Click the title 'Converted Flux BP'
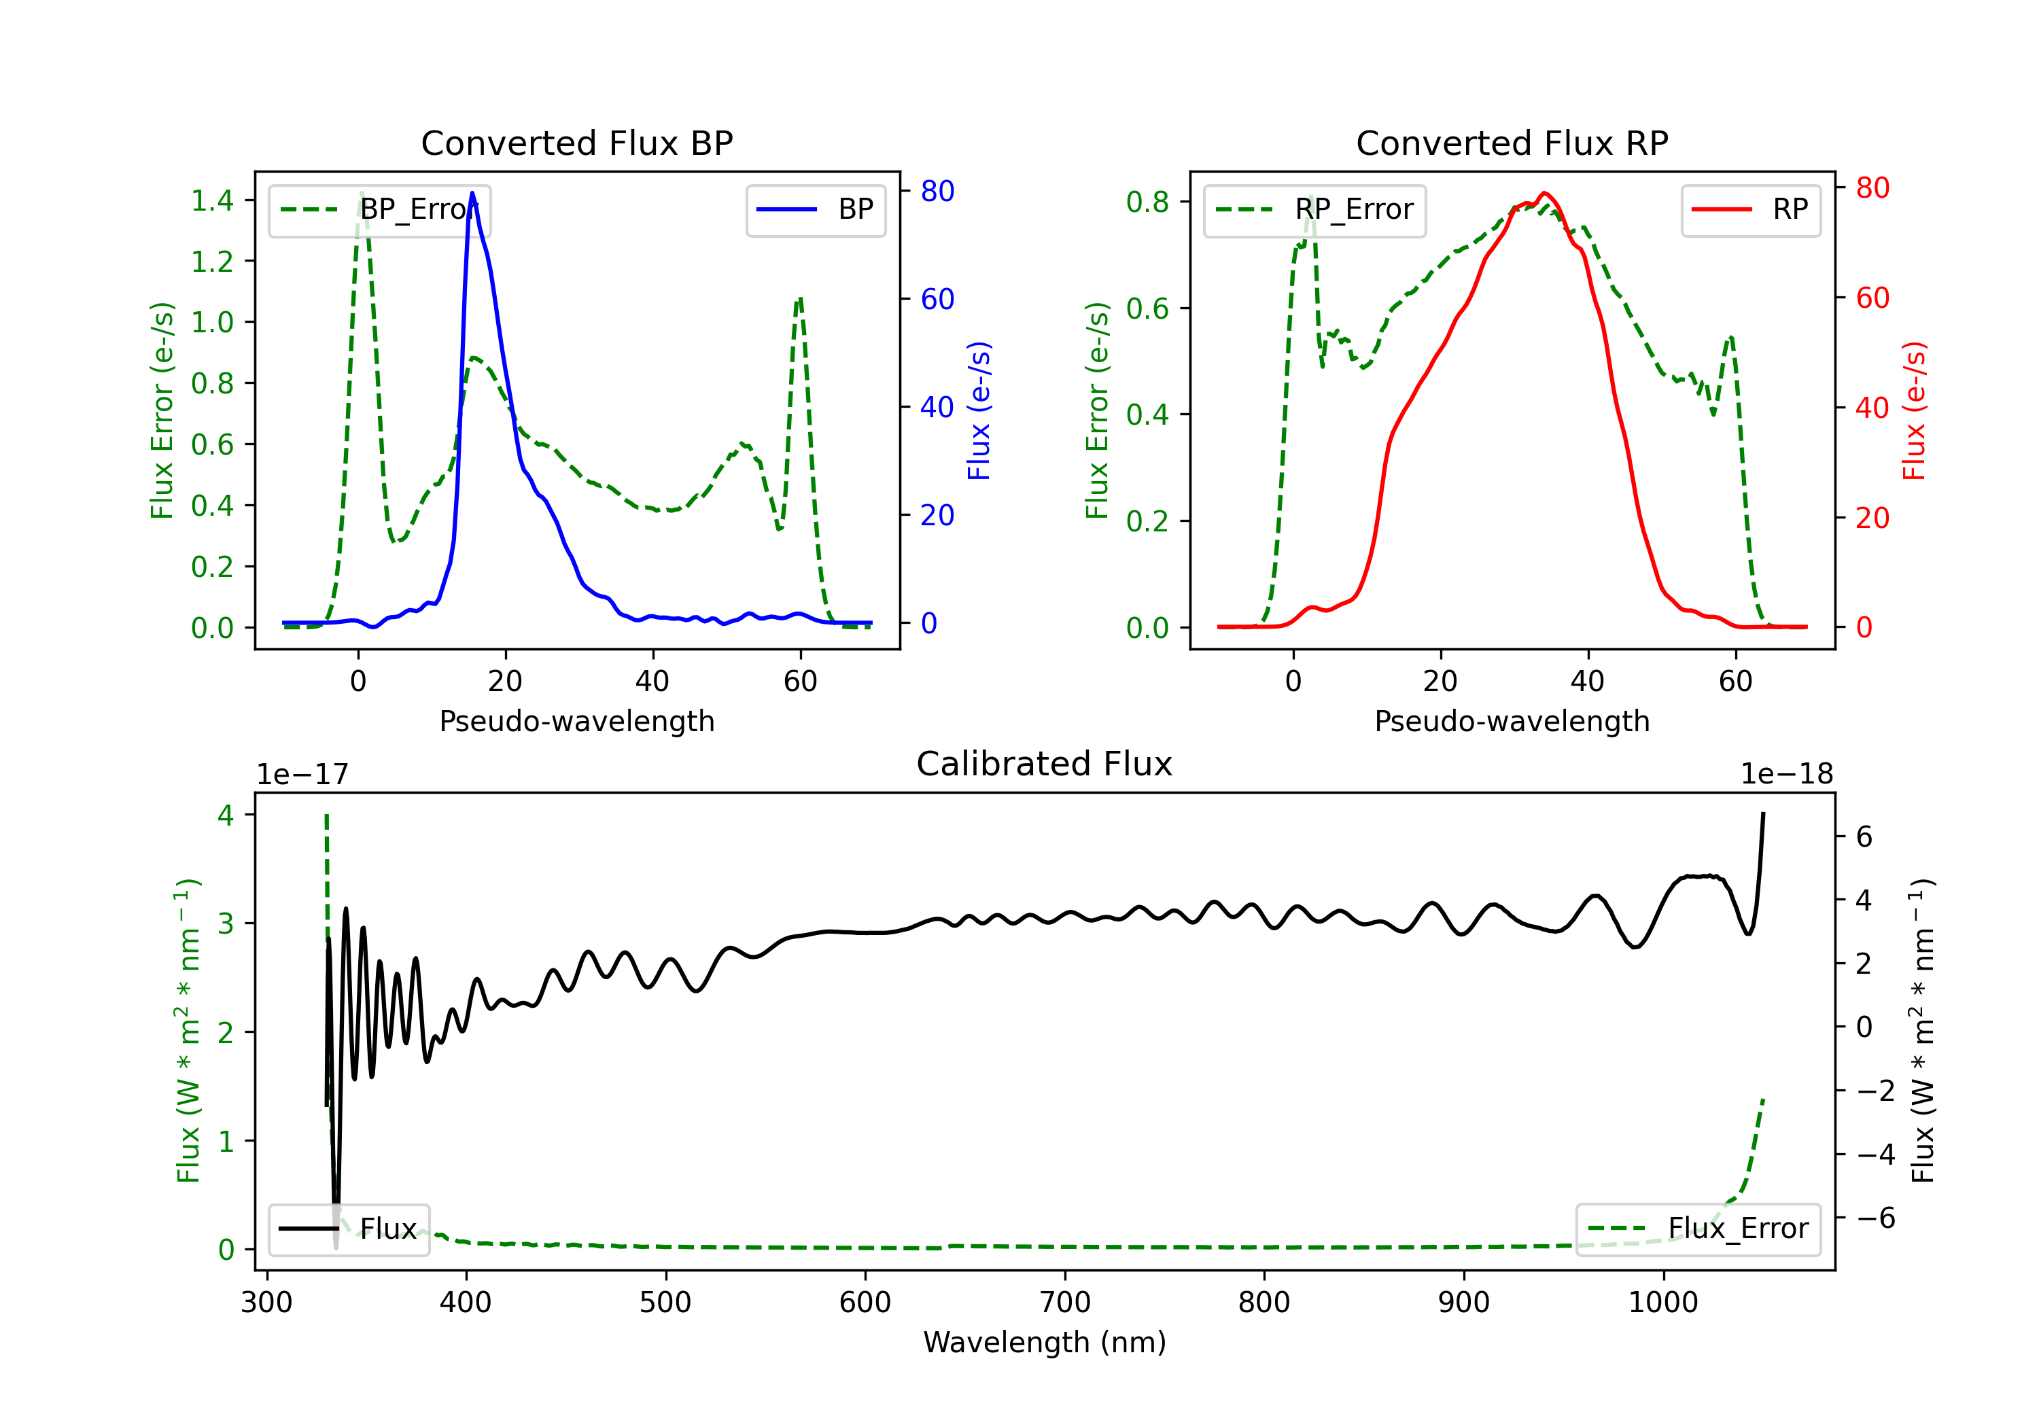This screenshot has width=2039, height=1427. [576, 143]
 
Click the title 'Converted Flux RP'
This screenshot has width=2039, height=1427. [1512, 143]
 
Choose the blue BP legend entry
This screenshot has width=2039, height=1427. [815, 209]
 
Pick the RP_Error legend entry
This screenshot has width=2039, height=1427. [1314, 209]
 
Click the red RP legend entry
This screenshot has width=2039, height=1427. [1750, 209]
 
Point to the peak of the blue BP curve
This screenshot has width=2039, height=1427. [472, 193]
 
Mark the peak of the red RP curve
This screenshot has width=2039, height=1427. [1546, 193]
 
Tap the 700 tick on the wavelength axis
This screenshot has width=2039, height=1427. [1065, 1302]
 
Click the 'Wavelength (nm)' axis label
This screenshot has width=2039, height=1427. [1045, 1342]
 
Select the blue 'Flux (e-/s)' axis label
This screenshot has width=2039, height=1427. [979, 410]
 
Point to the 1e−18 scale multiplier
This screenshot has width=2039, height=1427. [1787, 775]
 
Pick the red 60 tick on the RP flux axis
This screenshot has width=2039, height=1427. [1873, 298]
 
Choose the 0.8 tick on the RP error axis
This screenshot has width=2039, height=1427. [1147, 202]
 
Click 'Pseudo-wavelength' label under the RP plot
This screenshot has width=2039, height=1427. [1512, 721]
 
